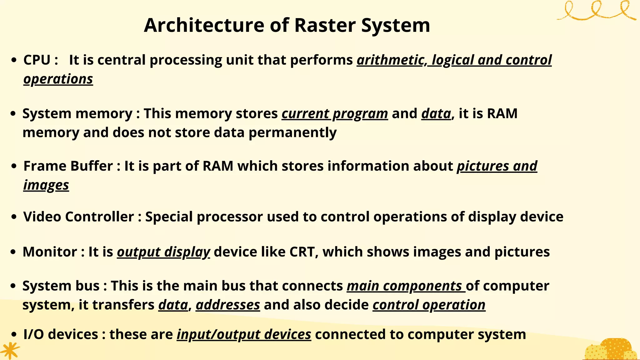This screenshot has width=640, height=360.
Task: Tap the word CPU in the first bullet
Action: [x=37, y=60]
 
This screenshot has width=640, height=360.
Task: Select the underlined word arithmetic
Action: [x=390, y=60]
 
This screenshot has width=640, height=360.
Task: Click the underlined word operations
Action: [x=58, y=79]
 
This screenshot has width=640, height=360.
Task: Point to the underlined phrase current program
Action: [x=335, y=114]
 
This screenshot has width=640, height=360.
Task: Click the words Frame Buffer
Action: [x=68, y=166]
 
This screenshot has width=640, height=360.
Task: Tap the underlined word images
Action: [x=46, y=185]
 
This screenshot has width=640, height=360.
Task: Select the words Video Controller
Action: [x=78, y=217]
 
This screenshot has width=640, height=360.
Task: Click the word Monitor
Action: [x=50, y=252]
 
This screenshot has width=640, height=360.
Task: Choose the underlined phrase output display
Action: [x=163, y=252]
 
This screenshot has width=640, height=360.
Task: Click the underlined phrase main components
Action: [x=406, y=286]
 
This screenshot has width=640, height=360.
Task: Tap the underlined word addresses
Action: [x=228, y=305]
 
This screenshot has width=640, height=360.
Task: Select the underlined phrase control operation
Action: [x=429, y=305]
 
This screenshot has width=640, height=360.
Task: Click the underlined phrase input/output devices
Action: [x=244, y=334]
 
